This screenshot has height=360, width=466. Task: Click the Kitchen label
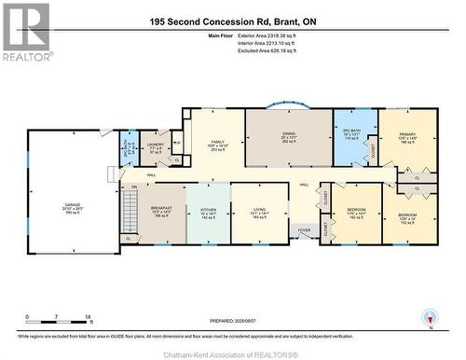point(208,212)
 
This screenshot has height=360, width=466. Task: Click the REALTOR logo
point(26,32)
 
